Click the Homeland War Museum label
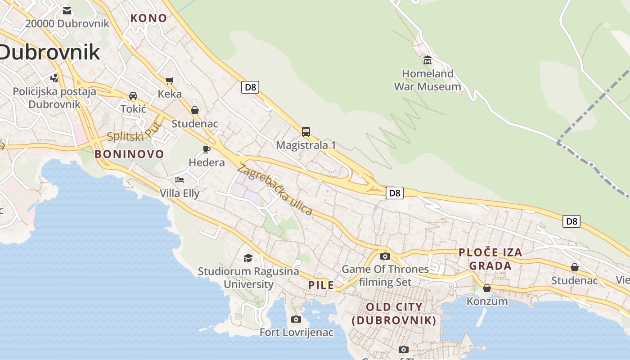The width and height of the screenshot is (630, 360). click(427, 80)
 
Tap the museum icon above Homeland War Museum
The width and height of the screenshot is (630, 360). click(427, 60)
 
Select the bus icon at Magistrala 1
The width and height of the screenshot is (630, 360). click(306, 132)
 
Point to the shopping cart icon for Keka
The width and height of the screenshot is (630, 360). click(170, 81)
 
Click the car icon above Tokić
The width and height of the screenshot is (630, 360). click(133, 96)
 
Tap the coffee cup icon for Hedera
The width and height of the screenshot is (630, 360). click(207, 149)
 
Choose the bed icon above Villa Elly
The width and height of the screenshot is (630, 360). click(180, 180)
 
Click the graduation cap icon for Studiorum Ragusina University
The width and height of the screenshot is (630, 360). click(248, 258)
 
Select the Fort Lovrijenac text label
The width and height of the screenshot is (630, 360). click(297, 333)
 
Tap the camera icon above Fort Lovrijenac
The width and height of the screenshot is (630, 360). click(296, 319)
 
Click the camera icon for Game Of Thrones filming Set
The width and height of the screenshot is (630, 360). click(385, 256)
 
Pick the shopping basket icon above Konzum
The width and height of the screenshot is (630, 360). click(486, 288)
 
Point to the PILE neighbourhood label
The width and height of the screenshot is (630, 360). click(321, 285)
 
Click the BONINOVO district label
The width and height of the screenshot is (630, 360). click(130, 154)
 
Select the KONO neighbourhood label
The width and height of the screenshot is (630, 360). click(148, 18)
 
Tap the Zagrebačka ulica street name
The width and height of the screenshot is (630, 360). click(274, 189)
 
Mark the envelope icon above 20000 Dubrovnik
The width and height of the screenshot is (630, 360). click(67, 10)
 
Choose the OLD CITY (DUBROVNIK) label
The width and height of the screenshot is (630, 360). click(394, 314)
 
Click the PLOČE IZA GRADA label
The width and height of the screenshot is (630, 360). click(490, 259)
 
